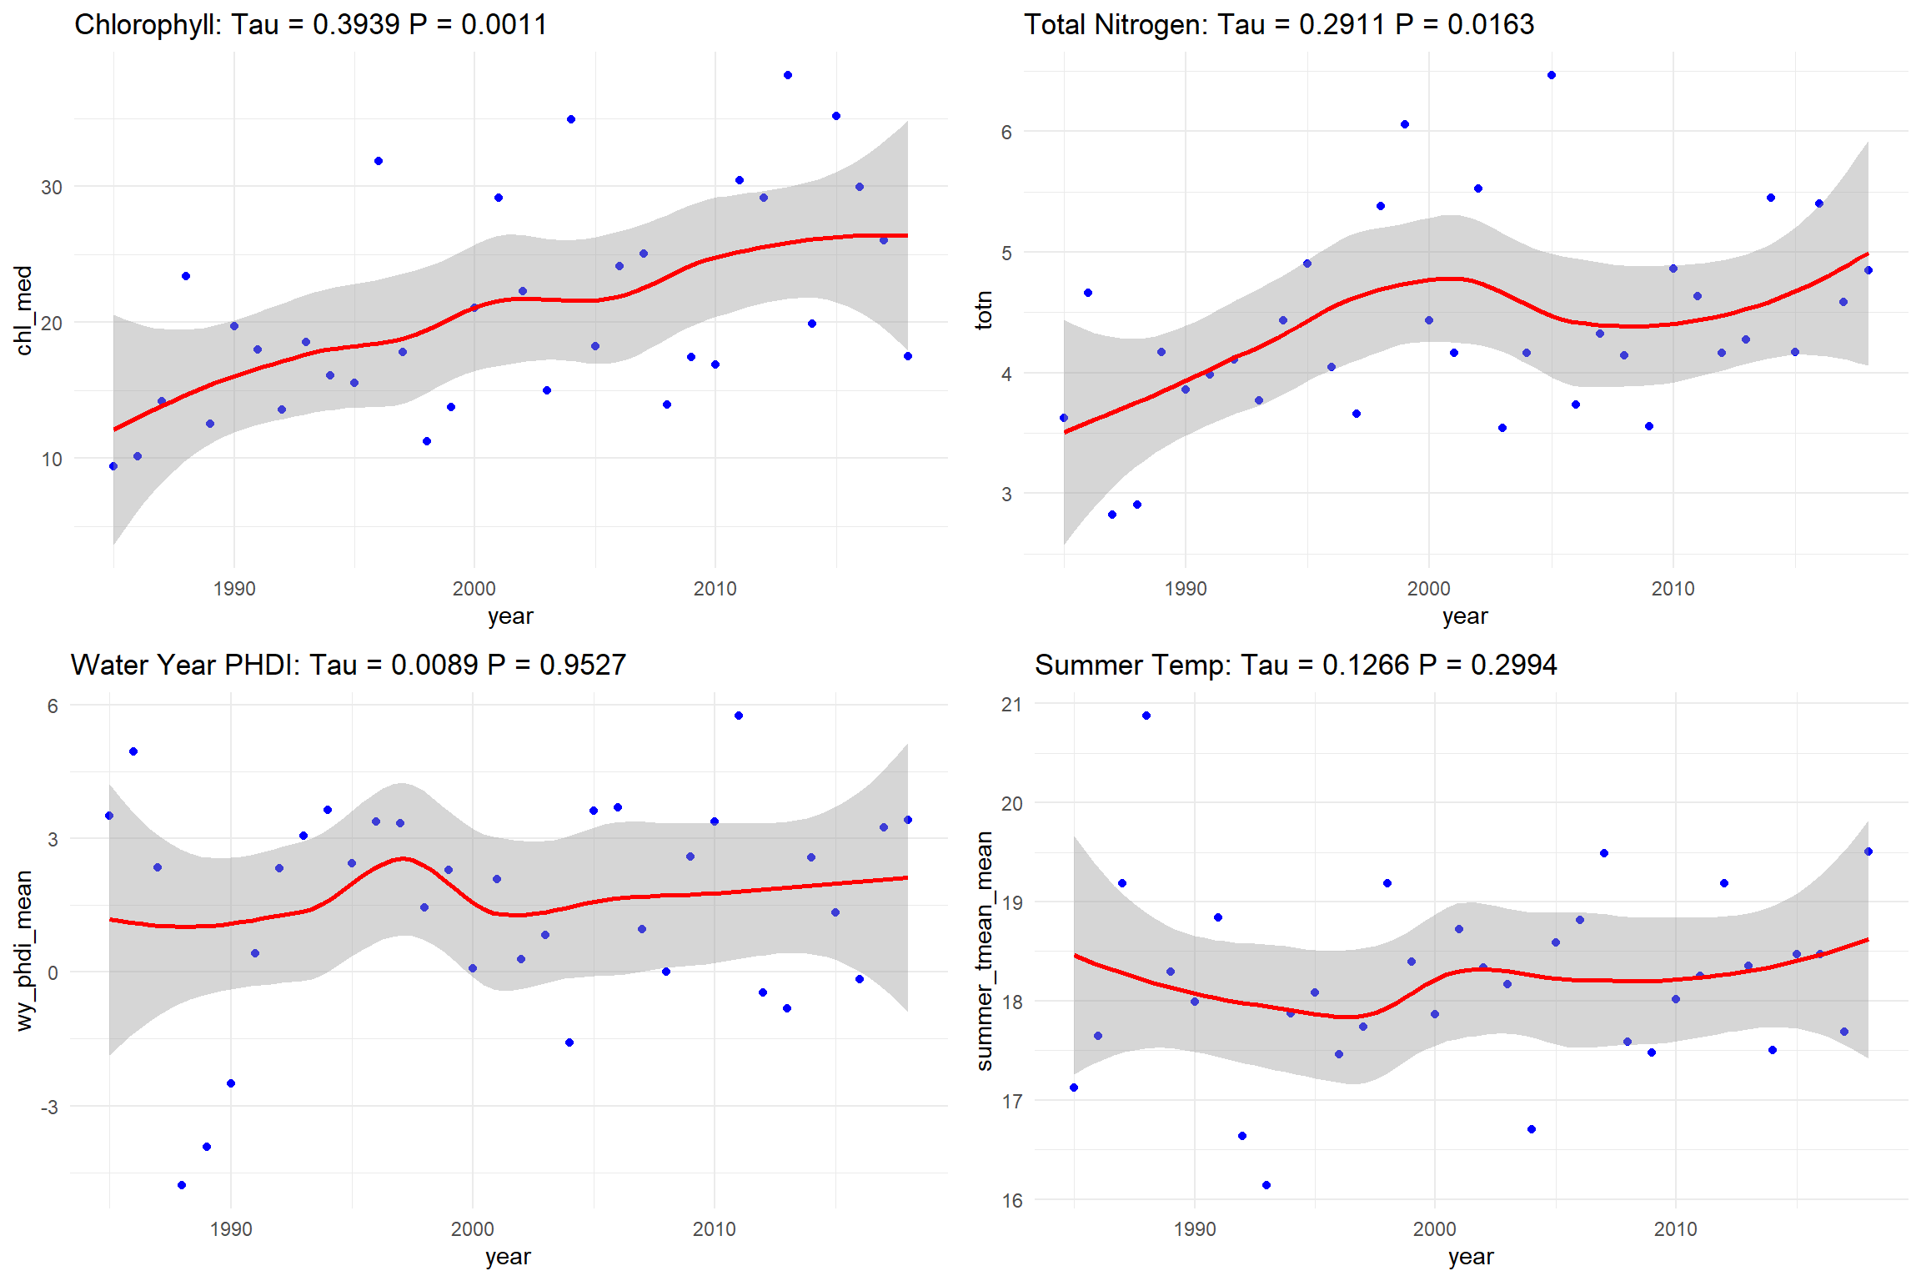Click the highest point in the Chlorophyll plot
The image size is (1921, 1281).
click(x=788, y=75)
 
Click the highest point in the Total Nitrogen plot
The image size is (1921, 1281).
click(x=1552, y=75)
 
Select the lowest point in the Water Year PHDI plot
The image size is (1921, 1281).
click(x=182, y=1185)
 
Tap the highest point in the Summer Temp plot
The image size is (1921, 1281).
click(x=1146, y=716)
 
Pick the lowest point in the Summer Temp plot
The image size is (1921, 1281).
click(x=1266, y=1185)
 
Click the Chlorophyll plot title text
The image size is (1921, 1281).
click(x=310, y=24)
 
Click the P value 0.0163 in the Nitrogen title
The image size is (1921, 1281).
click(x=1491, y=24)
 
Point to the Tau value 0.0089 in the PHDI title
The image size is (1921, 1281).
click(x=434, y=665)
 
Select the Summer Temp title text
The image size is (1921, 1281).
click(x=1296, y=665)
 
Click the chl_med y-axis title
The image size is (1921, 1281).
click(x=23, y=310)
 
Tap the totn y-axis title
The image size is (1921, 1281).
click(x=984, y=310)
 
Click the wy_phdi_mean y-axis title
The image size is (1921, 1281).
click(x=23, y=950)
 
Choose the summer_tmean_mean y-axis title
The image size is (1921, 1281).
click(x=984, y=950)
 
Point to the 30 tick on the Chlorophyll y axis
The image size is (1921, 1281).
click(x=52, y=188)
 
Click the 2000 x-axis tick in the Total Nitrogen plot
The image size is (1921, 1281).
click(x=1429, y=589)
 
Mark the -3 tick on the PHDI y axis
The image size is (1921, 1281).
click(x=50, y=1107)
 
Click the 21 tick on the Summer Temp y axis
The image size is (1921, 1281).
click(x=1011, y=705)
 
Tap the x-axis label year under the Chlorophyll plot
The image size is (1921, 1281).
click(x=510, y=616)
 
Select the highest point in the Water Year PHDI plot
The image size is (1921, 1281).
click(x=739, y=716)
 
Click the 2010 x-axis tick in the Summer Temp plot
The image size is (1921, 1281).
click(x=1675, y=1229)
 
